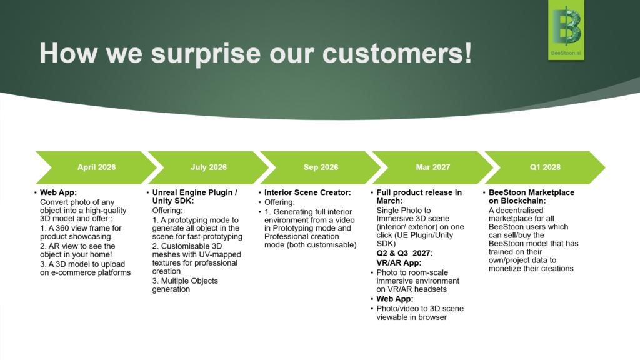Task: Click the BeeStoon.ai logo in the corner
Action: (566, 30)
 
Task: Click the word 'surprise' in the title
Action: (206, 54)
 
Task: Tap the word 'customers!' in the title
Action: (397, 53)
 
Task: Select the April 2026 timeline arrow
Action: (97, 167)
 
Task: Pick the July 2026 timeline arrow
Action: (209, 167)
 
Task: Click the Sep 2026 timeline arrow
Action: (321, 167)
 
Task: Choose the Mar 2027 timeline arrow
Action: (433, 167)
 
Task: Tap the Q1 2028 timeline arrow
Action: (545, 167)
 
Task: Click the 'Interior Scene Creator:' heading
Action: (307, 192)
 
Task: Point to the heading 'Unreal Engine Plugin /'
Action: (195, 192)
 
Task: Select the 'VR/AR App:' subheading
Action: (399, 263)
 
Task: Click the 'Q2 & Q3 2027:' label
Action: (404, 253)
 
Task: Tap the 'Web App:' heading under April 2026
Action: (58, 192)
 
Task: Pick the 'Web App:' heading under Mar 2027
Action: (395, 299)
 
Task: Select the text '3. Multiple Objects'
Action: (185, 281)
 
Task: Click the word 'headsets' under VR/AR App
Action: (432, 289)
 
